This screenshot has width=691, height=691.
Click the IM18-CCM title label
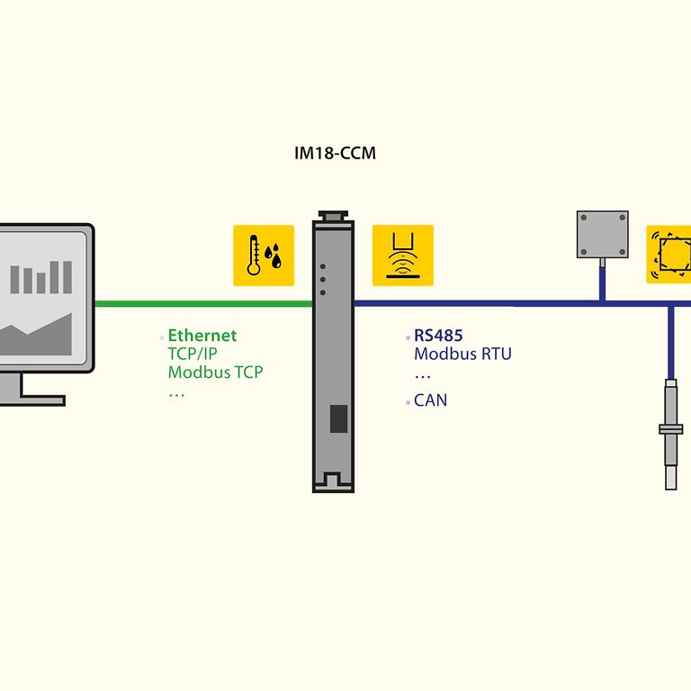pos(335,154)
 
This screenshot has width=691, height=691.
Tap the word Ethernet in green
pos(202,336)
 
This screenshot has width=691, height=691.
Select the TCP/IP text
pos(192,354)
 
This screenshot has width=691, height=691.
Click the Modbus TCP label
pos(215,372)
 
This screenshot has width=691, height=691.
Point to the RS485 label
pos(438,336)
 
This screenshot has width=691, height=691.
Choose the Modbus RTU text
pos(462,354)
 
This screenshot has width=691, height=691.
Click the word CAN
pos(430,400)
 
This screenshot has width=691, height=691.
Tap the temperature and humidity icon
pos(264,256)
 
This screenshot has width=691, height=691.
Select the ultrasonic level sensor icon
pos(402,256)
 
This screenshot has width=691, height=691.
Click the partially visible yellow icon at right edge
pos(669,256)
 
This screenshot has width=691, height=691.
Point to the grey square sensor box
pos(602,235)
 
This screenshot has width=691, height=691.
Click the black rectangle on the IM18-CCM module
pos(338,418)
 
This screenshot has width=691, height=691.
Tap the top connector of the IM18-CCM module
pos(333,217)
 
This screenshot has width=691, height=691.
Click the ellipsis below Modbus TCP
pos(175,393)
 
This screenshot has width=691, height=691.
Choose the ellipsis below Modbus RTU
pos(422,375)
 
